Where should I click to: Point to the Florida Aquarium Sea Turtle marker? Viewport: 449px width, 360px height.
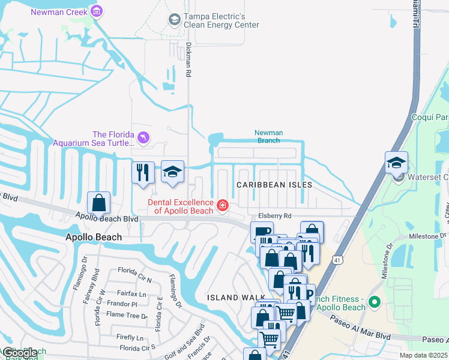[x=142, y=139]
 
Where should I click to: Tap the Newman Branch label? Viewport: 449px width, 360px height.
[x=268, y=137]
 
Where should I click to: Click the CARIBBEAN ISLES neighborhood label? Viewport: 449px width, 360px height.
[x=274, y=185]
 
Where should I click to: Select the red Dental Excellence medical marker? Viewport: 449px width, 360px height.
[x=222, y=206]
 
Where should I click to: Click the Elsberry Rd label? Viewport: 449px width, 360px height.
[x=276, y=215]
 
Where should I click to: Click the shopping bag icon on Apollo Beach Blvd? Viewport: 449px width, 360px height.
[x=99, y=203]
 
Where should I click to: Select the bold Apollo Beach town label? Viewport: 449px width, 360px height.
[x=93, y=237]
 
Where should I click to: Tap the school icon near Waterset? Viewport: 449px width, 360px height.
[x=397, y=163]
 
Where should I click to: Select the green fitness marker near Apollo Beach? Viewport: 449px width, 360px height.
[x=375, y=302]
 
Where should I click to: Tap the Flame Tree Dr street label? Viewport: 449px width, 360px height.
[x=127, y=315]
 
